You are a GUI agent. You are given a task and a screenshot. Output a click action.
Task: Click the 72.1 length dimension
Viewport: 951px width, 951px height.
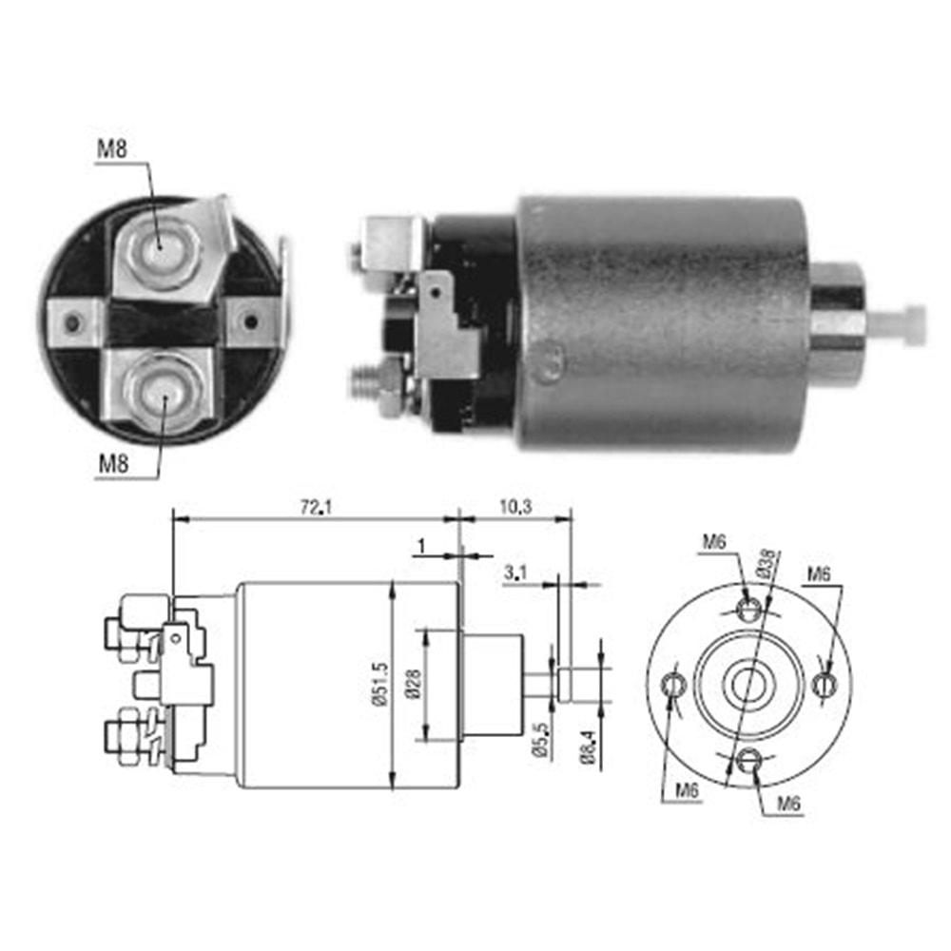pyautogui.click(x=316, y=507)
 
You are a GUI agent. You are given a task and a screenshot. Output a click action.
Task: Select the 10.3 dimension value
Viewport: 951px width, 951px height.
pyautogui.click(x=515, y=507)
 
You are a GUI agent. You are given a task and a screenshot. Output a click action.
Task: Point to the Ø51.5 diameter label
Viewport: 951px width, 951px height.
pyautogui.click(x=381, y=684)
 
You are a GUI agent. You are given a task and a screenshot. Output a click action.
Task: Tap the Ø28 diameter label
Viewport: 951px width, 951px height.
pyautogui.click(x=415, y=684)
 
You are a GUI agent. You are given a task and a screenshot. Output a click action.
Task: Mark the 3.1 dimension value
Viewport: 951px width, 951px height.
pyautogui.click(x=514, y=572)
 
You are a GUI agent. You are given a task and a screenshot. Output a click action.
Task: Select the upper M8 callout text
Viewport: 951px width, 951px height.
pyautogui.click(x=112, y=148)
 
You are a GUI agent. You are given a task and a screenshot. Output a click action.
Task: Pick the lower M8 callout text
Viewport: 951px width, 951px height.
pyautogui.click(x=113, y=464)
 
